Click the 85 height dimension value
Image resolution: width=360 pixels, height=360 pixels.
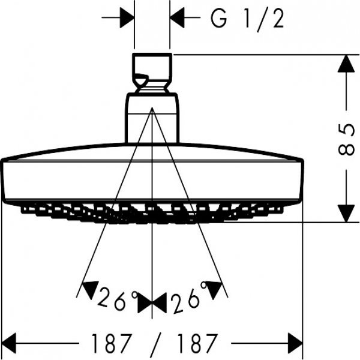[346, 140]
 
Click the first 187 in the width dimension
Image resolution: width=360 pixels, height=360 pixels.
[112, 343]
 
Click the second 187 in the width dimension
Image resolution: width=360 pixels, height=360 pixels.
[197, 343]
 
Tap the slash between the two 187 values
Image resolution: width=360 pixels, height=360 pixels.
[155, 343]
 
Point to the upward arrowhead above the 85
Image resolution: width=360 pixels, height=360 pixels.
[346, 64]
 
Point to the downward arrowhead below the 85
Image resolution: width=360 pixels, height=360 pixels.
[346, 214]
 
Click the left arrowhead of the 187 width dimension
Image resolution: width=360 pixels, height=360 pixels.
[9, 343]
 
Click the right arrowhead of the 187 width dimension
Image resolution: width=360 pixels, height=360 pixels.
[295, 343]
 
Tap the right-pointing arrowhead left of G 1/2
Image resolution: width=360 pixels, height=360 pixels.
[127, 17]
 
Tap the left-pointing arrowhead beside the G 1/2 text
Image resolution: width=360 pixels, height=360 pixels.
[177, 17]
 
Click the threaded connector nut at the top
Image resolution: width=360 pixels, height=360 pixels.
[152, 73]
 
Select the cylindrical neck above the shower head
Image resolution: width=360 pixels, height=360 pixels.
[152, 118]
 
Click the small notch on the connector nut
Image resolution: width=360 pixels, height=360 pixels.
[141, 79]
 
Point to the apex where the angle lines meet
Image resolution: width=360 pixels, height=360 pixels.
[152, 107]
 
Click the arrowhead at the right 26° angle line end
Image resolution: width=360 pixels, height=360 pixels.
[214, 290]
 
